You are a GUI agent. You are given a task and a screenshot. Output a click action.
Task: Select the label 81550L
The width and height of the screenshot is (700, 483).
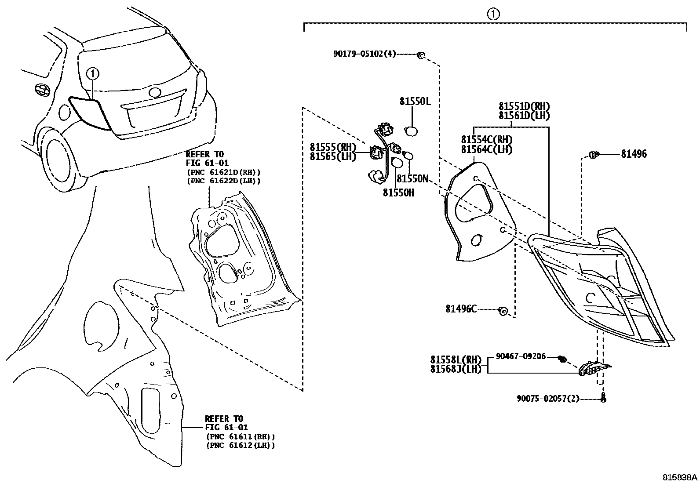[x=415, y=102]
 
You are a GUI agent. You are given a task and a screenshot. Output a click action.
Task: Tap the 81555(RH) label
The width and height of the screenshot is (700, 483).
[x=333, y=148]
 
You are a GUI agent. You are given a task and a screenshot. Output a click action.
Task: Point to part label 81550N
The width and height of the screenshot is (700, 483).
[x=412, y=179]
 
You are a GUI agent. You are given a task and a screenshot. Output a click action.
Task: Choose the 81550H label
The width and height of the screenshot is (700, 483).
[x=398, y=193]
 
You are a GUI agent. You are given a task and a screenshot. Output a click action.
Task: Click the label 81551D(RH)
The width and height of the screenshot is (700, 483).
[x=524, y=107]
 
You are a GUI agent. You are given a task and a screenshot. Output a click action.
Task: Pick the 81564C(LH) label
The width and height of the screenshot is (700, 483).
[x=487, y=149]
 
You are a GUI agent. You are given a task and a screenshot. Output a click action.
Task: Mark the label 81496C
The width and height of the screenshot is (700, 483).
[x=461, y=309]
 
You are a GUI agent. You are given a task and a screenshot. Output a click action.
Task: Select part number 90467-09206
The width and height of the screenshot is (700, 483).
[x=521, y=356]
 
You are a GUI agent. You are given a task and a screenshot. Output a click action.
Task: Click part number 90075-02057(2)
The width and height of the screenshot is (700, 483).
[x=548, y=399]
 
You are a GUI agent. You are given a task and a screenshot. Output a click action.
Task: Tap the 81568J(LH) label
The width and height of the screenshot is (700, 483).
[x=456, y=369]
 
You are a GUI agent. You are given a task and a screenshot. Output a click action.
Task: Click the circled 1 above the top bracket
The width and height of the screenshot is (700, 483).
[x=493, y=15]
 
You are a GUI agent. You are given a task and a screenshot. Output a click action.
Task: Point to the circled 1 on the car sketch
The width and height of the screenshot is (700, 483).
[x=93, y=73]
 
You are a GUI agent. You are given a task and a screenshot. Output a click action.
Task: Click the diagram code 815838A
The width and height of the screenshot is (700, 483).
[x=680, y=477]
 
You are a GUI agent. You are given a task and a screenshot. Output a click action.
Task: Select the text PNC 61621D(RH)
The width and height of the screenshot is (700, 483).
[x=223, y=172]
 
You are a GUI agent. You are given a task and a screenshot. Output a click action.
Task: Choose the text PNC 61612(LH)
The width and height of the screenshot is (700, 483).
[x=241, y=445]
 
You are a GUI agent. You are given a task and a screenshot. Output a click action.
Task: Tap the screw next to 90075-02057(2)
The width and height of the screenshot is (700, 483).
[x=603, y=398]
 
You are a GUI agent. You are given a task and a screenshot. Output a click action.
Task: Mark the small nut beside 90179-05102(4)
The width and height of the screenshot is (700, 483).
[x=420, y=55]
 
